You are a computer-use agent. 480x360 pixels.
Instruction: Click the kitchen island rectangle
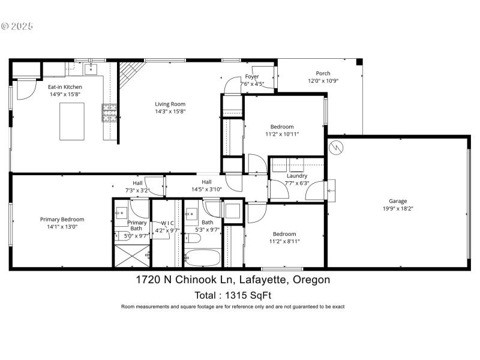coord(72,120)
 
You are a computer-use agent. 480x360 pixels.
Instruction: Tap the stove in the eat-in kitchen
coord(110,112)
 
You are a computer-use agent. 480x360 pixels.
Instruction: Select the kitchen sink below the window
coord(91,69)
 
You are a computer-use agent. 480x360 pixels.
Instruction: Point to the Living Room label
coord(166,104)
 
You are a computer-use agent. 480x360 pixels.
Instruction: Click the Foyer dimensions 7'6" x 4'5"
coord(252,84)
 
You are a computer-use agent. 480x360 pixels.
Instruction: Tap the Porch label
coord(323,73)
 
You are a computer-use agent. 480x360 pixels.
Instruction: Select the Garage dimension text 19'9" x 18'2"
coord(398,209)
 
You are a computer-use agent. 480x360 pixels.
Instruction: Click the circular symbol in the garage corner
coord(337,146)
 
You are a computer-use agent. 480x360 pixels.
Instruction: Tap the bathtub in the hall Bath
coord(203,259)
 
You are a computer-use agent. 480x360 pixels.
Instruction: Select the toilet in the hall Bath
coord(193,239)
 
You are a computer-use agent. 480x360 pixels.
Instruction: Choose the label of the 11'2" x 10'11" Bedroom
coord(281,127)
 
